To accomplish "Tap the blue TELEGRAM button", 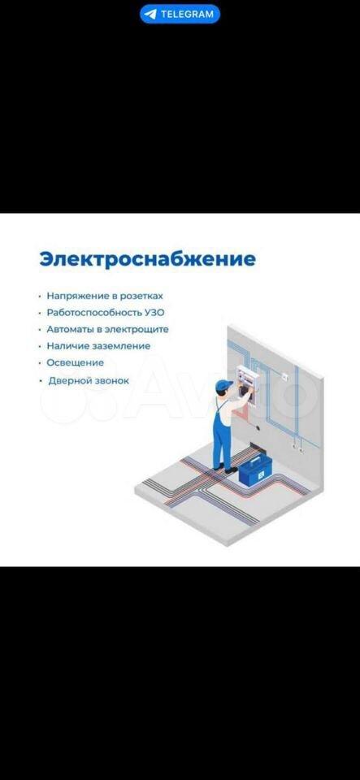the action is click(180, 14).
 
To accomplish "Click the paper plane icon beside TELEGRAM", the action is click(150, 14).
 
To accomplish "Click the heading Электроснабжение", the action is click(148, 259).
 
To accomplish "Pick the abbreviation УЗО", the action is click(153, 313).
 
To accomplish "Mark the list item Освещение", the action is click(75, 362).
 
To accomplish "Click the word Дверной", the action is click(67, 381).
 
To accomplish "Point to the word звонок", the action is click(110, 381).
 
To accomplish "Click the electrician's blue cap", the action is click(223, 384).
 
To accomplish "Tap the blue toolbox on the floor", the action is click(256, 470).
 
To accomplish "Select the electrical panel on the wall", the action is click(247, 385).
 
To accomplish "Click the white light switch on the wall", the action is click(285, 376).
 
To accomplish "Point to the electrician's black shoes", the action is click(225, 468).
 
